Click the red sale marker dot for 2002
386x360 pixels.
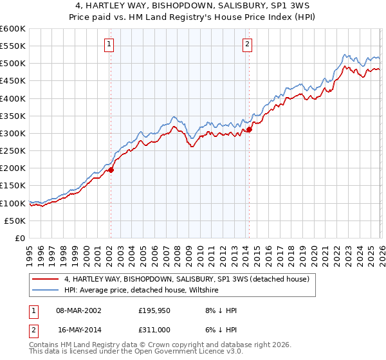[x=111, y=170]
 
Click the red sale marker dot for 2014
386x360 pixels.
[x=249, y=129]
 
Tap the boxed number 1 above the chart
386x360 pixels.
[x=109, y=44]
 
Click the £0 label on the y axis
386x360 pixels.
[x=21, y=238]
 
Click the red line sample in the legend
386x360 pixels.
[x=45, y=280]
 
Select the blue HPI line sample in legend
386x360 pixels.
[x=45, y=291]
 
